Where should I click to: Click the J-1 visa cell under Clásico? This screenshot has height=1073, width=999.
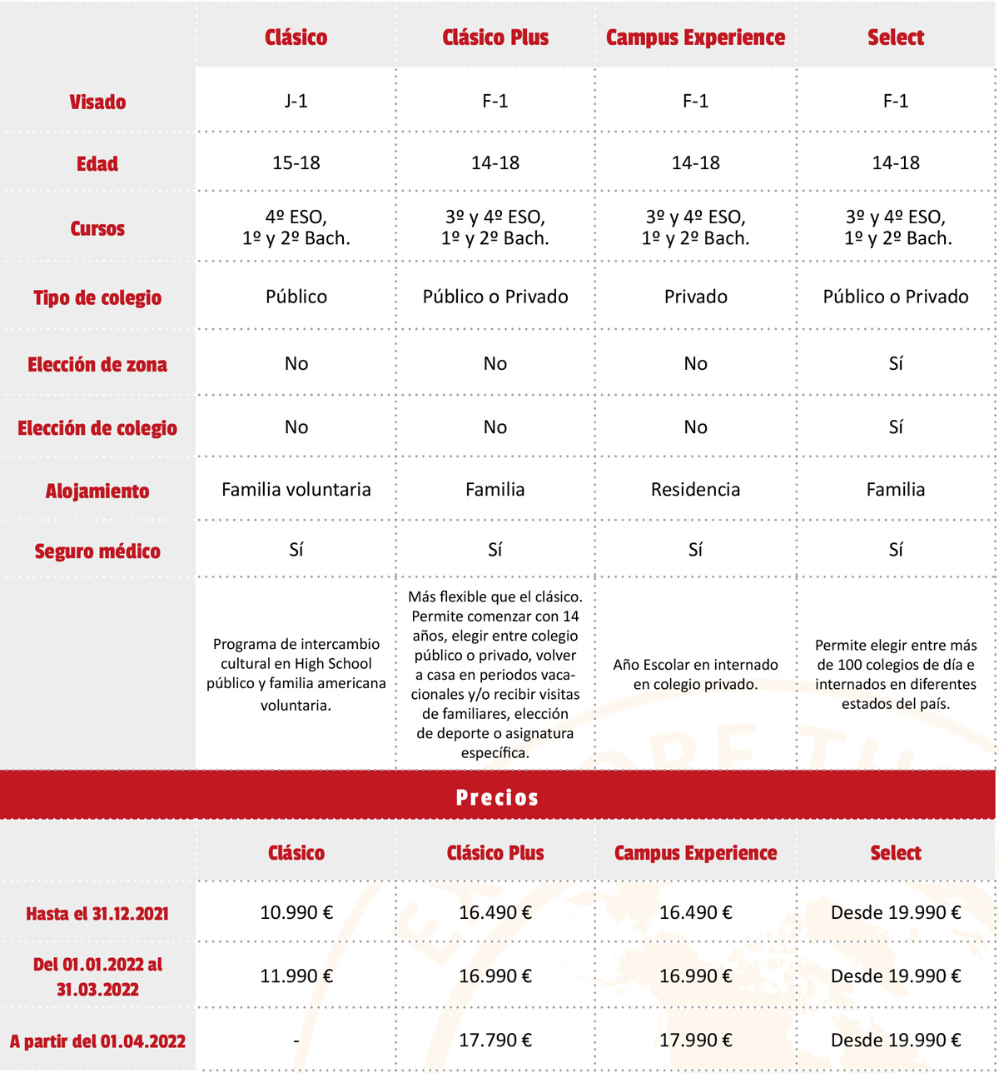click(x=296, y=101)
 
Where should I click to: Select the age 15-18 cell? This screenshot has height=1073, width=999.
click(x=296, y=163)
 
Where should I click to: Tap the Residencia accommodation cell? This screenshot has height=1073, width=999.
click(x=695, y=490)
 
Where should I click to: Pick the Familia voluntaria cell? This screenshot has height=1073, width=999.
click(x=296, y=490)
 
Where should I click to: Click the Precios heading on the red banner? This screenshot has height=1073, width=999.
click(x=497, y=797)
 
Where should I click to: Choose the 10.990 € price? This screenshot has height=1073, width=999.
click(x=296, y=912)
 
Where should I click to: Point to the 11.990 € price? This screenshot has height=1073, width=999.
click(x=296, y=976)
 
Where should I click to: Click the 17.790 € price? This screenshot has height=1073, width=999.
click(x=495, y=1040)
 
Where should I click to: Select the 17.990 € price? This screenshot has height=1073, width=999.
click(x=695, y=1040)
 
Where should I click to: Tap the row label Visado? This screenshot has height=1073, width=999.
click(x=97, y=102)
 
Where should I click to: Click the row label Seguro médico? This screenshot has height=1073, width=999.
click(x=97, y=551)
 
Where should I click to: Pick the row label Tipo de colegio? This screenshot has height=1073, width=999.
click(x=97, y=298)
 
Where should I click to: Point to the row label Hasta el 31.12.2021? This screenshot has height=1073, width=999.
click(x=97, y=914)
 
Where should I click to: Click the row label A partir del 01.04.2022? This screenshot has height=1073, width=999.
click(x=97, y=1041)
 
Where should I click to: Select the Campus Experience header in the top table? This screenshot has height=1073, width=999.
click(x=695, y=37)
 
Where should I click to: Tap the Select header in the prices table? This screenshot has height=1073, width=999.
click(x=895, y=853)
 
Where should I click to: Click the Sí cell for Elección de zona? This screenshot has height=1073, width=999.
click(x=895, y=364)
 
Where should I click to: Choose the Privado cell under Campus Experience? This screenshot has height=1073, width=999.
click(x=695, y=297)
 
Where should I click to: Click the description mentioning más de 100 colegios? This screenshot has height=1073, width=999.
click(x=895, y=674)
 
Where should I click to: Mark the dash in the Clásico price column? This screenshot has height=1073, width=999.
click(x=296, y=1041)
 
